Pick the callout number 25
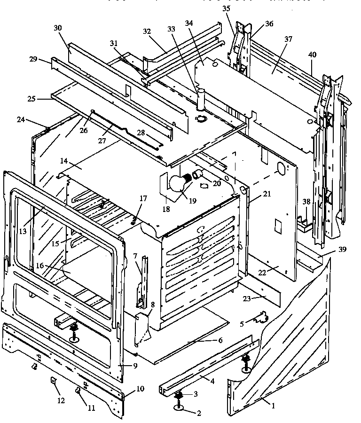click(x=31, y=100)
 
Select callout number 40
click(x=312, y=55)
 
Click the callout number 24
click(x=21, y=120)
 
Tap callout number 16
click(x=40, y=266)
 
